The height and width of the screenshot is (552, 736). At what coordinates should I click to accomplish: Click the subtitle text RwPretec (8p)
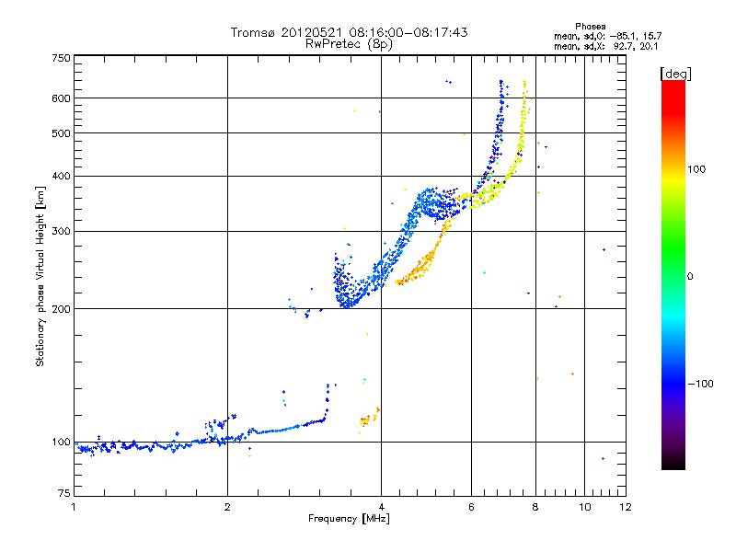pos(349,44)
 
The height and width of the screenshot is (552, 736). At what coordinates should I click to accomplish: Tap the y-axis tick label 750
pos(62,58)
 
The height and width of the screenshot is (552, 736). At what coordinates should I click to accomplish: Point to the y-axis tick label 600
pos(62,98)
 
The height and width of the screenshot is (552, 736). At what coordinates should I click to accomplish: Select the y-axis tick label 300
pos(62,231)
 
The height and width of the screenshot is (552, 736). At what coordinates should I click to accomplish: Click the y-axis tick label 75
pos(64,493)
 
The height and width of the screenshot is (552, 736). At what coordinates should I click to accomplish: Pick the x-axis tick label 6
pos(471,507)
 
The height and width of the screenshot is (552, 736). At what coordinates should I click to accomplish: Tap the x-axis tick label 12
pos(626,507)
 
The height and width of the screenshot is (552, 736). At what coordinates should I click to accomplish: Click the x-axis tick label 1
pos(74,507)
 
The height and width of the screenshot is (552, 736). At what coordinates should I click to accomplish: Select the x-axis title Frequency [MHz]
pos(349,519)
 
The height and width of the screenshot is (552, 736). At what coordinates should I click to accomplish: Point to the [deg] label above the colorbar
pos(675,74)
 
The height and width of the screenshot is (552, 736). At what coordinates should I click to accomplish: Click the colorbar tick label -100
pos(701,384)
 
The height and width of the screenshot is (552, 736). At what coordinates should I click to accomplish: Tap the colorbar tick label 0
pos(690,277)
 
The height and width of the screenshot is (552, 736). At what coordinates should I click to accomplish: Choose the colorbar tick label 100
pos(696,169)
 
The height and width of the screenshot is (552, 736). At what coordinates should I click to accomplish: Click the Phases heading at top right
pos(591,27)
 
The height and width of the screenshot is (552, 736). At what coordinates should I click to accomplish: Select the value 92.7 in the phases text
pos(623,47)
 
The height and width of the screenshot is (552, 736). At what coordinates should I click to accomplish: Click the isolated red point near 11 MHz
pos(603,458)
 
